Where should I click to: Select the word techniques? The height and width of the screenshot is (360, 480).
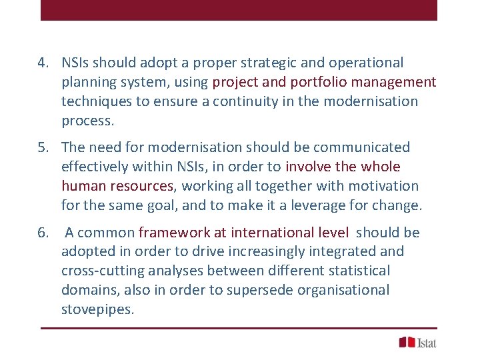point(93,102)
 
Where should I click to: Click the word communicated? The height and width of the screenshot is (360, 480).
point(361,147)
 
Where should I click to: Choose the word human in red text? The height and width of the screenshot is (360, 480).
point(82,186)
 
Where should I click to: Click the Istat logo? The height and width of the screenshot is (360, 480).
point(418,343)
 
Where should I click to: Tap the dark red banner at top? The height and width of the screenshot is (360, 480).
point(239,10)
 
